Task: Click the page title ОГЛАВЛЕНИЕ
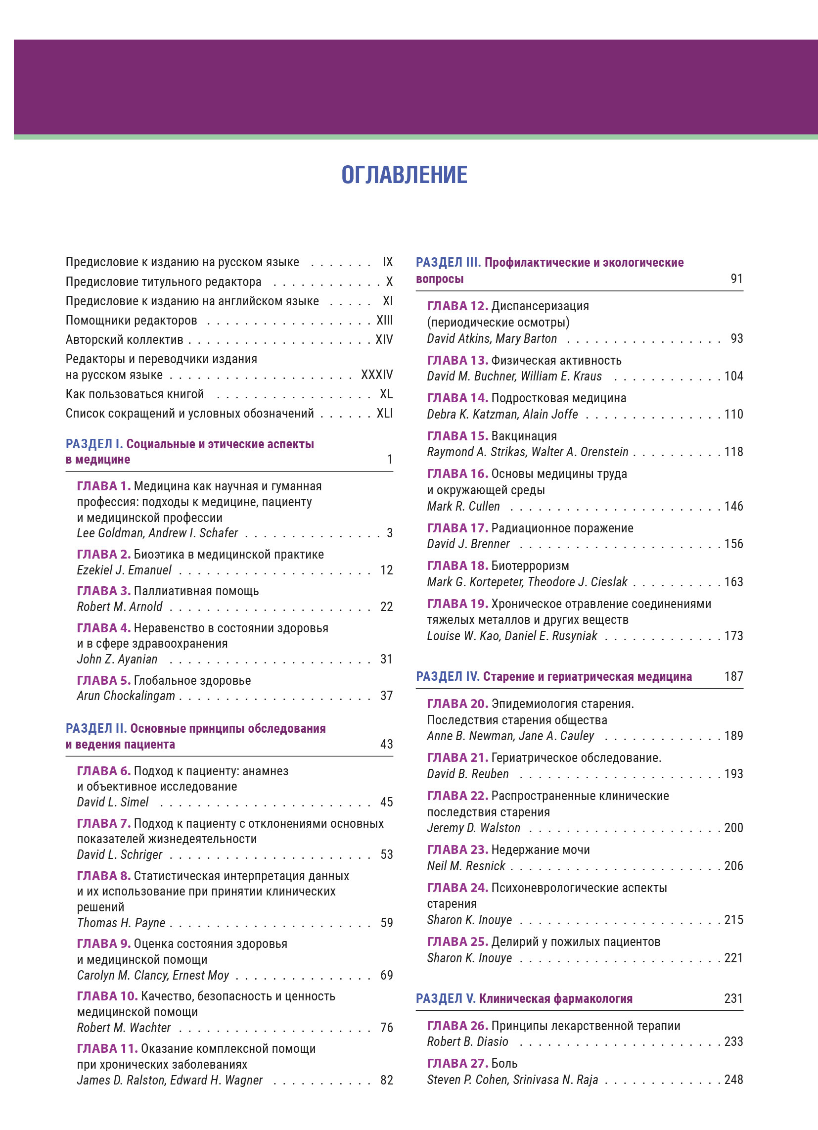[404, 175]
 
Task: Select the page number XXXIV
[377, 375]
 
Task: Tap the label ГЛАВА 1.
[104, 486]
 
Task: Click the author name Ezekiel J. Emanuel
[124, 570]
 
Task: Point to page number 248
[733, 1080]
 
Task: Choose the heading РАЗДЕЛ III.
[449, 263]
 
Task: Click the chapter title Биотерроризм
[530, 566]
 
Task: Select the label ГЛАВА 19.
[457, 604]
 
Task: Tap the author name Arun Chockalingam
[126, 696]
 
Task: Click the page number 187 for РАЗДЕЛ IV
[733, 677]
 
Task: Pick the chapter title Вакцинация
[524, 436]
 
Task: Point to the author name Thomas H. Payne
[121, 923]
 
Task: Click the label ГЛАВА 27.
[457, 1063]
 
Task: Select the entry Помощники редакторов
[132, 321]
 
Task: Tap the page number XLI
[384, 414]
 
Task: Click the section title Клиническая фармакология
[555, 998]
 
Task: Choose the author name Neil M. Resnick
[466, 866]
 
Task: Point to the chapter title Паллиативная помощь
[196, 591]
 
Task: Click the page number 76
[387, 1028]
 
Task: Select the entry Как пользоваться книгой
[135, 394]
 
